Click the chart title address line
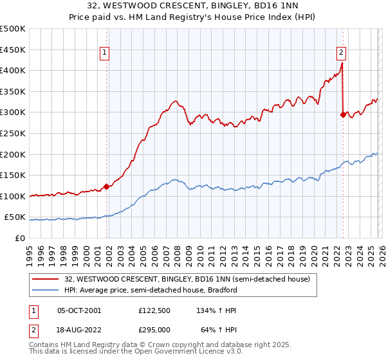[x=193, y=5]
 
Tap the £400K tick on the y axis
[x=13, y=71]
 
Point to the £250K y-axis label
[x=13, y=133]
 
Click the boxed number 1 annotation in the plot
[x=104, y=53]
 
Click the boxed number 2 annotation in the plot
[x=341, y=53]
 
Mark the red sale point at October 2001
[x=107, y=186]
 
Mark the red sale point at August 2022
[x=343, y=114]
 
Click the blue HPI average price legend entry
[x=151, y=290]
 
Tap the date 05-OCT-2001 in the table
[x=79, y=310]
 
